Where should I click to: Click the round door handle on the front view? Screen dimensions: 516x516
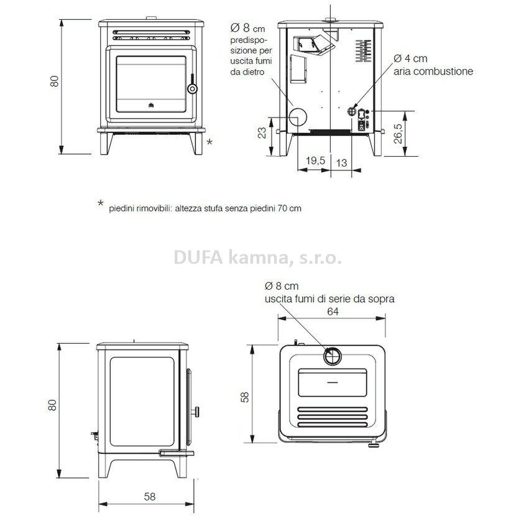(x=192, y=88)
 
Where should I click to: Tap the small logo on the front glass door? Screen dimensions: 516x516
(x=151, y=105)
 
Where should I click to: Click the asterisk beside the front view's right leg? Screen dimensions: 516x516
(x=210, y=142)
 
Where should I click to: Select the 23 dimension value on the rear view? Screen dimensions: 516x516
(x=262, y=133)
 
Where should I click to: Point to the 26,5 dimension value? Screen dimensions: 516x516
(x=398, y=133)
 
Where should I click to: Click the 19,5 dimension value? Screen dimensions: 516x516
(x=315, y=160)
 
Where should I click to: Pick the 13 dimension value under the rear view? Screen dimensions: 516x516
(x=341, y=162)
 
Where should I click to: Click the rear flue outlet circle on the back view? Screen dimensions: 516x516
(x=298, y=116)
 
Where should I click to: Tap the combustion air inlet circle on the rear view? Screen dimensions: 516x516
(x=352, y=111)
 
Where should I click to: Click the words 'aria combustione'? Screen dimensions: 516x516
(x=433, y=71)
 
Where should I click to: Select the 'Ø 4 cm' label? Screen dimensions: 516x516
(x=410, y=58)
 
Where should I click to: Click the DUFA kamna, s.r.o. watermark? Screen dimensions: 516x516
(x=257, y=257)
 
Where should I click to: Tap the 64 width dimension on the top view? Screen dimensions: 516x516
(x=333, y=311)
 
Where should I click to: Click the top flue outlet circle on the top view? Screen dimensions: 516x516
(x=333, y=356)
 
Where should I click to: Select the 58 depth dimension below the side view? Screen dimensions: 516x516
(x=150, y=497)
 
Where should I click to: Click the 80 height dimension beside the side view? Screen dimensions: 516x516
(x=52, y=405)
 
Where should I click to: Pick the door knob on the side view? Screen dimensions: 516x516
(x=196, y=412)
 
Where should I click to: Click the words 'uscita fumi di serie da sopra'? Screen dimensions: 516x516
(x=329, y=299)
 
